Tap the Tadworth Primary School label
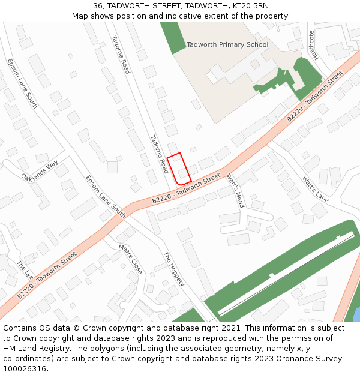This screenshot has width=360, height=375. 227,45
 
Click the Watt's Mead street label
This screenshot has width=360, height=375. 235,191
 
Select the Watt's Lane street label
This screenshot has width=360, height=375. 315,188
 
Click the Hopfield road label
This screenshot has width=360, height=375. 174,269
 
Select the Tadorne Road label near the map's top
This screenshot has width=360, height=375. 121,55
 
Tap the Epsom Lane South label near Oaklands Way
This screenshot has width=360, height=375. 22,83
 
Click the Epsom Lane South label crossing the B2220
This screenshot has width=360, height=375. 106,196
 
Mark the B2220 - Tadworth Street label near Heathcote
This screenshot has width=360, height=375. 314,96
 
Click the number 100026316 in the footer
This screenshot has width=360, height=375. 25,368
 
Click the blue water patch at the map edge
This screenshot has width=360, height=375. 356,314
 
